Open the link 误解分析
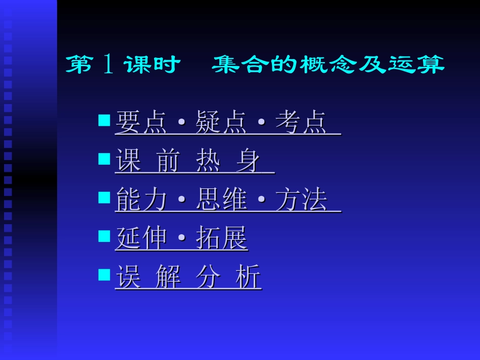(188, 277)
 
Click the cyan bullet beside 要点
(104, 121)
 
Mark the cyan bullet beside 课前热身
(104, 159)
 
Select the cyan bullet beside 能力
(104, 197)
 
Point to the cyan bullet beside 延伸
(104, 236)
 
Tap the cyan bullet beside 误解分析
(104, 275)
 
